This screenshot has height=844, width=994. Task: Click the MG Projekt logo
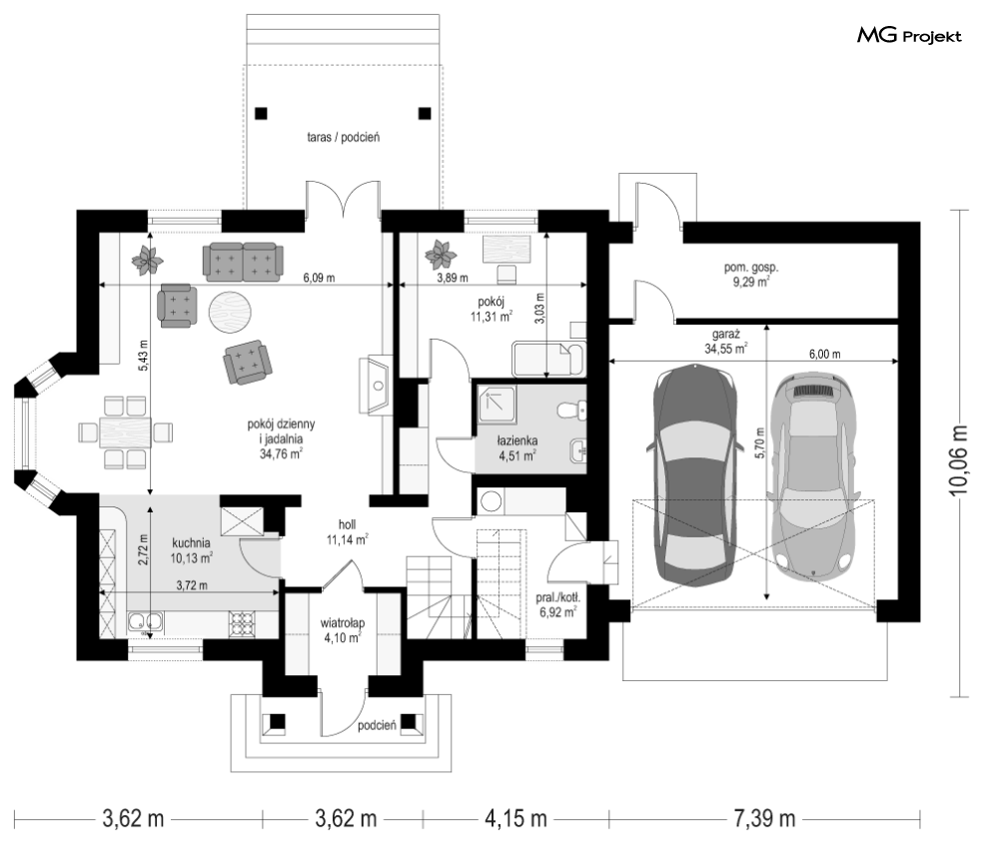point(909,36)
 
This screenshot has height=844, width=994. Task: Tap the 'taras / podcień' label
point(343,137)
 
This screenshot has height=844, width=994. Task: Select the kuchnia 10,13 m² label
point(191,550)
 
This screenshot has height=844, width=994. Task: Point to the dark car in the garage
point(696,475)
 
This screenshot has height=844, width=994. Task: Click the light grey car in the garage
point(814,475)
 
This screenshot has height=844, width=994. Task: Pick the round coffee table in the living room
point(231,311)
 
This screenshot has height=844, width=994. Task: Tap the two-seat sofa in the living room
point(242,263)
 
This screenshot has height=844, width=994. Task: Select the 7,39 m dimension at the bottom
point(764,819)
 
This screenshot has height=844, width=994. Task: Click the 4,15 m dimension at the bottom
point(515,819)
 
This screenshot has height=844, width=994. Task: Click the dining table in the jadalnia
point(125,432)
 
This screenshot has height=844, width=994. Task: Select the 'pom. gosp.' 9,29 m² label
point(751,275)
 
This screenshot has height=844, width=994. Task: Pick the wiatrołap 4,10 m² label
point(343,630)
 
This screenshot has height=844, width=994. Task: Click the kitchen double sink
point(146,622)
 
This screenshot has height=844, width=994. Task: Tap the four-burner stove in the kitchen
point(241,622)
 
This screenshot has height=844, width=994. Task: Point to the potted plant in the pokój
point(441,254)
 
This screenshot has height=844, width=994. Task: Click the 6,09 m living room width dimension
point(319,278)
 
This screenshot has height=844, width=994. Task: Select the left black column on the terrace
point(261,114)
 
